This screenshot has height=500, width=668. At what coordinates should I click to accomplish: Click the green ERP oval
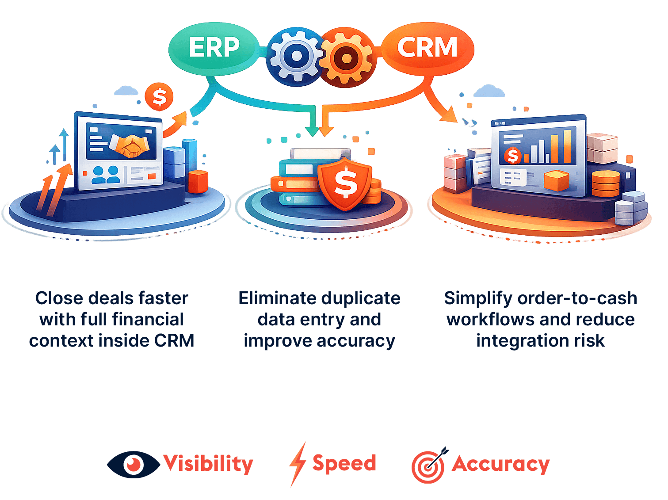pos(214,47)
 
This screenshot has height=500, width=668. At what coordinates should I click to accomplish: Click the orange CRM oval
pos(427,47)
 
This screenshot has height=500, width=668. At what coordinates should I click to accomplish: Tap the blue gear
pos(296,56)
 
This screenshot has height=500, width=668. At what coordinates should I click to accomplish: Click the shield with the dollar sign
pos(345,183)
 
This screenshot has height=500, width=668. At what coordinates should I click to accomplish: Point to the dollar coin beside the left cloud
pos(159,96)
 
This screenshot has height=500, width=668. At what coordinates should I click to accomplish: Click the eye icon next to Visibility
pos(133,464)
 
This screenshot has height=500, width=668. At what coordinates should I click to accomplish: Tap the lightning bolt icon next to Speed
pos(298,464)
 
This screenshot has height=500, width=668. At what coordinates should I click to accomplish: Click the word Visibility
pos(208,463)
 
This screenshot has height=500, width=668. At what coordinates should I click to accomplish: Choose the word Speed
pos(344,463)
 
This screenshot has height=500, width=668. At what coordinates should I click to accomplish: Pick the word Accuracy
pos(500,464)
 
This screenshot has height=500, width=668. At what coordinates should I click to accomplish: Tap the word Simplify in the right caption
pos(478,299)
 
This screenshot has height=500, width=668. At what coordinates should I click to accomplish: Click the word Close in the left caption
pos(60,298)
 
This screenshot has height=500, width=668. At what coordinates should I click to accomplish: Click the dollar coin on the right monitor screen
pos(513,155)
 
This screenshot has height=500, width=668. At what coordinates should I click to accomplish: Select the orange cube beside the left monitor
pos(198,181)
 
